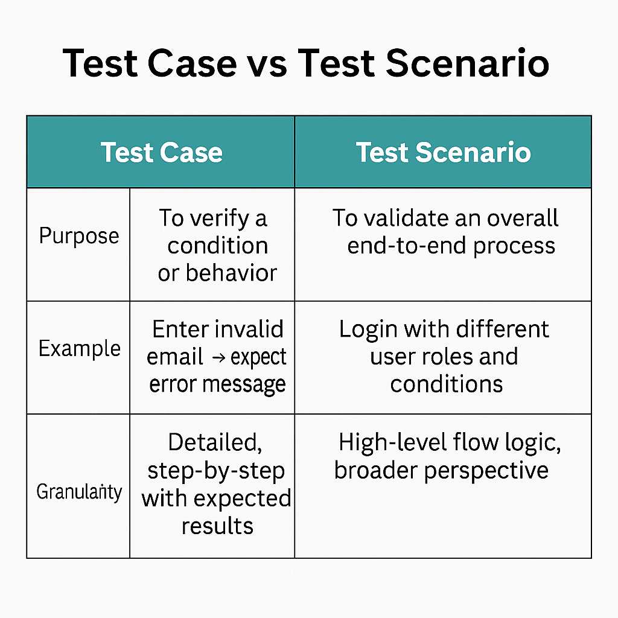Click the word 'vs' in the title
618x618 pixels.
pos(267,64)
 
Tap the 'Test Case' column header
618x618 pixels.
pos(162,152)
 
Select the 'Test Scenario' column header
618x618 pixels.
pos(444,152)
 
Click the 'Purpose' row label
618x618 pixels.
pos(79,237)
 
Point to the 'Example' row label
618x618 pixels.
pos(79,349)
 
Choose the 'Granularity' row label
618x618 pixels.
pos(79,492)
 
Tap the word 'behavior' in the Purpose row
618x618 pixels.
pos(231,273)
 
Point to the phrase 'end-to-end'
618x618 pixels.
pos(407,246)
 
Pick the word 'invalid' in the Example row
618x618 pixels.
pos(252,329)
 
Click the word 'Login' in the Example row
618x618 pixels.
pos(368,330)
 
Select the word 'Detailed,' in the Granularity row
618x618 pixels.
pos(215,443)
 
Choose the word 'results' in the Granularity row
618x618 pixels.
pos(217,526)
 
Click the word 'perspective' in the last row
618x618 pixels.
pos(486,471)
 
